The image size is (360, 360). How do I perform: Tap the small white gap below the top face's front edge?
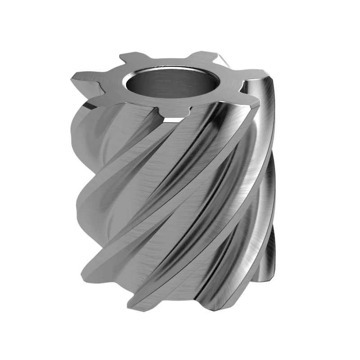click(170, 120)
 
